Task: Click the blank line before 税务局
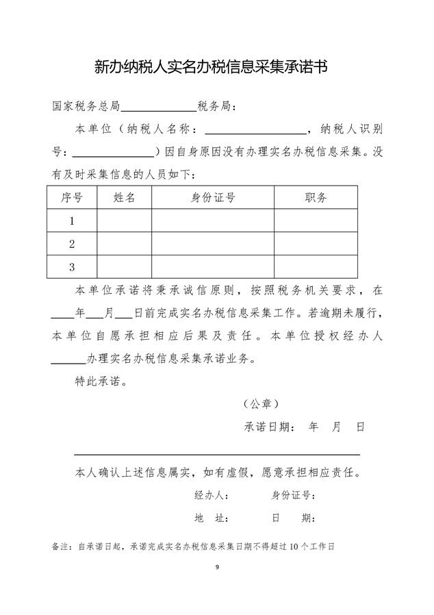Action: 159,108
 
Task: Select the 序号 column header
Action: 72,198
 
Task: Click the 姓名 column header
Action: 124,198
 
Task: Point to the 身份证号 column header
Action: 213,198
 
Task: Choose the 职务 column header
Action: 316,198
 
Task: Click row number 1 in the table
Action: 72,221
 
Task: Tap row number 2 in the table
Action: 72,244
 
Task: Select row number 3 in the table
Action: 72,266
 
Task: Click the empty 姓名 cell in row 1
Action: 124,221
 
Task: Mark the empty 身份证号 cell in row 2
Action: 213,244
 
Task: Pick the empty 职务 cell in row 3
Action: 316,266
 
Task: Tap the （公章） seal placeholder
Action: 261,404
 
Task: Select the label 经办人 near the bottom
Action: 207,495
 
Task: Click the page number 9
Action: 217,568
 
